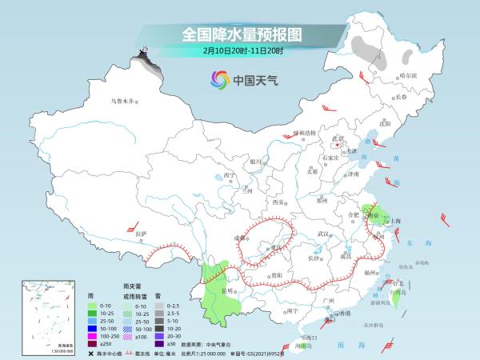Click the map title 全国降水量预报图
tap(239, 34)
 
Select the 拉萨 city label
tap(142, 234)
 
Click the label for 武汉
tap(322, 233)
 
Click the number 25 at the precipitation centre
tap(145, 50)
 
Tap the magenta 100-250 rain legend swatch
tap(92, 328)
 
